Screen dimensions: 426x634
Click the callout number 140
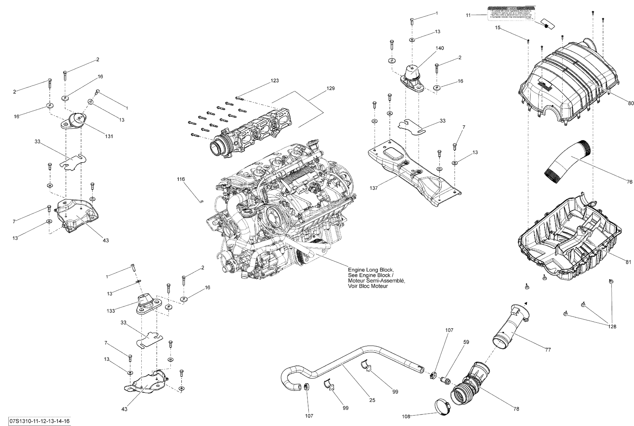click(x=440, y=48)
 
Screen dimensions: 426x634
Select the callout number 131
click(x=109, y=136)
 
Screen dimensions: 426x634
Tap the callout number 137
click(x=373, y=188)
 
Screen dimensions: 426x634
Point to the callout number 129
click(x=330, y=88)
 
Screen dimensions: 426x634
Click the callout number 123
click(x=275, y=81)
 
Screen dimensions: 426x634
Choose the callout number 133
click(x=111, y=311)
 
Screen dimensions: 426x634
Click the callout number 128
click(x=612, y=327)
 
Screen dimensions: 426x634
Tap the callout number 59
click(x=466, y=342)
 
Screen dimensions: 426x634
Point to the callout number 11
click(x=468, y=16)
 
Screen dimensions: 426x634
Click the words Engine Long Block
click(x=370, y=270)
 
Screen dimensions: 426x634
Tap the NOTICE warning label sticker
click(x=511, y=14)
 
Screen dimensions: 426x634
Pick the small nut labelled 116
click(x=201, y=201)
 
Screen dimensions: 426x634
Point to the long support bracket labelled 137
click(x=412, y=174)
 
